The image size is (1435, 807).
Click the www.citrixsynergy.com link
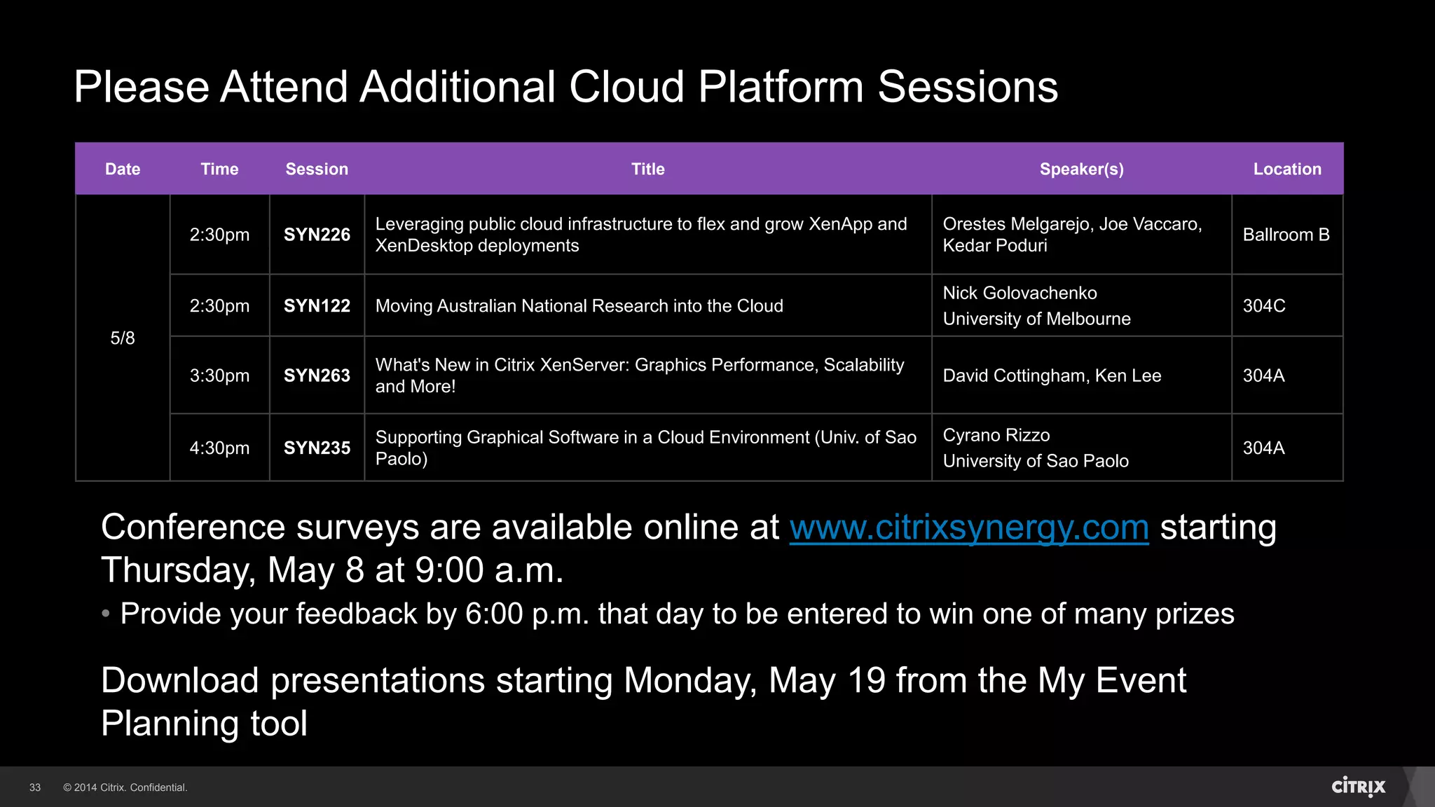coord(968,527)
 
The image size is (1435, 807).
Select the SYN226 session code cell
coord(317,235)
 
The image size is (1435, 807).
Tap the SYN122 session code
coord(317,306)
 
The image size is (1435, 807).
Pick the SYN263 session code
coord(317,375)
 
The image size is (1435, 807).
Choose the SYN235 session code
coord(317,448)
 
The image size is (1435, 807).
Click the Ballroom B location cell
coord(1286,235)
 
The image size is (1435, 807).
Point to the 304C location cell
coord(1264,306)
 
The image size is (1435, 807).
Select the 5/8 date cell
coord(123,338)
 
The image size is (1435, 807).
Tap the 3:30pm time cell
coord(219,375)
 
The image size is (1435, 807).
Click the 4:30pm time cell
coord(219,448)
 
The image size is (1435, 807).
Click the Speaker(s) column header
coord(1081,169)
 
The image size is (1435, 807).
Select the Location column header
coord(1287,169)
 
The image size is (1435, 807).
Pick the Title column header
coord(647,169)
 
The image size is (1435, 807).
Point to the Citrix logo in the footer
coord(1358,787)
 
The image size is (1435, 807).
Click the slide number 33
coord(35,787)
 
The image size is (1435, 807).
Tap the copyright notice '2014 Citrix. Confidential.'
coord(125,787)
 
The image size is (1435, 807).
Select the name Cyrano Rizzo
coord(996,435)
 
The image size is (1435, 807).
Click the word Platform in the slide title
coord(781,87)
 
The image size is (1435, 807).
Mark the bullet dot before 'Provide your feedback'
coord(106,614)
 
